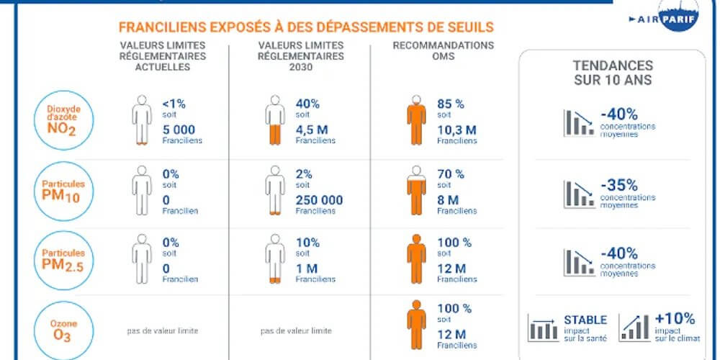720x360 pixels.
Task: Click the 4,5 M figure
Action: coord(311,130)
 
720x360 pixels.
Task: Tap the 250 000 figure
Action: coord(319,200)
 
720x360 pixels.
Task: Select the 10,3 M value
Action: coord(456,130)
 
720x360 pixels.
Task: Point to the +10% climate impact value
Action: coord(675,318)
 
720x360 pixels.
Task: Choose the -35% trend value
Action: coord(621,185)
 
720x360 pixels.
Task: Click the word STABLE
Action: coord(585,320)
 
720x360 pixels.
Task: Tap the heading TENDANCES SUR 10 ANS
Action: coord(613,73)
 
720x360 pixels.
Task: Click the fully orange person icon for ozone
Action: coord(416,325)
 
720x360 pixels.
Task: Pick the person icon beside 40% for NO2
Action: coord(274,120)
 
